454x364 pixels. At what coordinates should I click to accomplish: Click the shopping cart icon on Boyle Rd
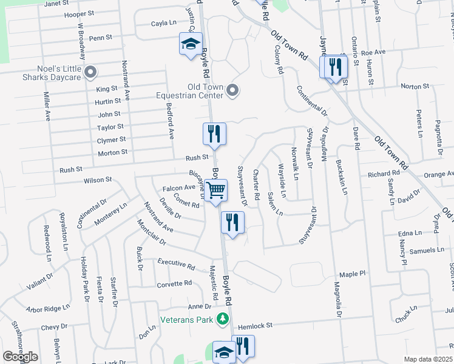215,190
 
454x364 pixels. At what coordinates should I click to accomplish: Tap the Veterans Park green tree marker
223,318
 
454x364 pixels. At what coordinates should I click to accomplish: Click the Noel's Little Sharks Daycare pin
90,73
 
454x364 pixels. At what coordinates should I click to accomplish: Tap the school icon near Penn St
190,44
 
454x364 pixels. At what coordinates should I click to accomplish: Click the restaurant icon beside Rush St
214,133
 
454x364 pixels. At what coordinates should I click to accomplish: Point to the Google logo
20,357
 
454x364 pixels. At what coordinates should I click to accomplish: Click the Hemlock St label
254,325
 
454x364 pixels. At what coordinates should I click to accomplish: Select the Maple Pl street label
353,274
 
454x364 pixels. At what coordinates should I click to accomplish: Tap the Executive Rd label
176,264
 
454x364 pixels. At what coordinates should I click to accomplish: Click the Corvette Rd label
174,283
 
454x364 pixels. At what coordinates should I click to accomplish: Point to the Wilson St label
98,180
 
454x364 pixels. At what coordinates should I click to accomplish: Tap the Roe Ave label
373,52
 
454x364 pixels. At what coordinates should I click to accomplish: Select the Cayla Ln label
164,24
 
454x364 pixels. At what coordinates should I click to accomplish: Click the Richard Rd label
383,174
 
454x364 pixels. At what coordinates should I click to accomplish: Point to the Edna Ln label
410,233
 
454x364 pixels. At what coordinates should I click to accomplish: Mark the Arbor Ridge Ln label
48,309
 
